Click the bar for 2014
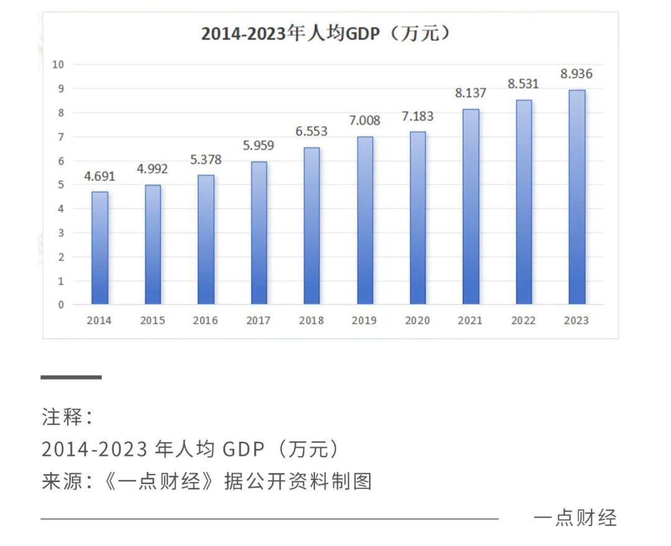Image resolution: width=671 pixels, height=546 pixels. point(99,248)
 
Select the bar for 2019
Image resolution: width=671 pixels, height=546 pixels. point(365,221)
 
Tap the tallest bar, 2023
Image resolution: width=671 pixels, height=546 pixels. point(577,197)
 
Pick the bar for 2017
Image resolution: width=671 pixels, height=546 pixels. point(258,233)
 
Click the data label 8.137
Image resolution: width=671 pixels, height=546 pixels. point(470,93)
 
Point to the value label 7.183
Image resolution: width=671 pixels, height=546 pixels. point(418,116)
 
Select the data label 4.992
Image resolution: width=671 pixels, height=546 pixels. point(152,169)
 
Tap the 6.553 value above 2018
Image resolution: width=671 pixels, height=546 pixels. point(311,132)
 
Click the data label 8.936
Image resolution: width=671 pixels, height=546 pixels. point(577,74)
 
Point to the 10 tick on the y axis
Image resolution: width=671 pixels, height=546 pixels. point(59,65)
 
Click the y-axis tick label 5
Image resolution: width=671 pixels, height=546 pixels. point(61,184)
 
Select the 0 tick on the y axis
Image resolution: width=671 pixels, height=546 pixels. point(61,305)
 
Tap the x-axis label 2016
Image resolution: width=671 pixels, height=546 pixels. point(206,321)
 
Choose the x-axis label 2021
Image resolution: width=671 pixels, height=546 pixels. point(470,321)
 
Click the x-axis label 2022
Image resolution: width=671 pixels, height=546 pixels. point(524,321)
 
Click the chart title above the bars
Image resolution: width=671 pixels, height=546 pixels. point(326,34)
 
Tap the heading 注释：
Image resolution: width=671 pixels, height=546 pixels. point(67,417)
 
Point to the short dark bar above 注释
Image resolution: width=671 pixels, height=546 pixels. point(71,377)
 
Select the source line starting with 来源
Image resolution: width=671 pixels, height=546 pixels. point(207,481)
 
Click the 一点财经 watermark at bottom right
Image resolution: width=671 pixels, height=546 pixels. point(575,517)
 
